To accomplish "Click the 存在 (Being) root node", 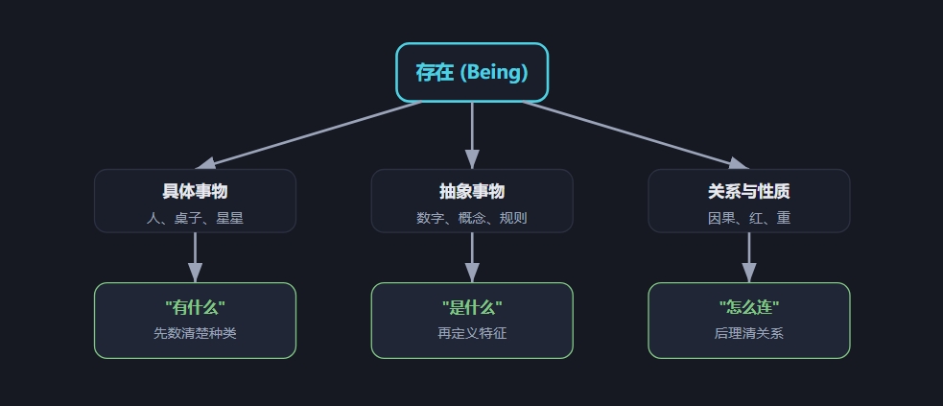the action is (472, 72).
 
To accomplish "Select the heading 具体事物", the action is (195, 191).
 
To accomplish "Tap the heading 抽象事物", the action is (472, 191).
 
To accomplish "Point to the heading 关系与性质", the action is (749, 191).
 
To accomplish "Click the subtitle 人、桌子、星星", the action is (195, 218).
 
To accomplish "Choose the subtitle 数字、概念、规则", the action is (472, 218).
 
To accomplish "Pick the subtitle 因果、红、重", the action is (749, 218).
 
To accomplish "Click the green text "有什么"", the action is (195, 308).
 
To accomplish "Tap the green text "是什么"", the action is (472, 308).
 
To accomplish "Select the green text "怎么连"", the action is (749, 308).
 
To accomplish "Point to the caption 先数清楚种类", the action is (195, 333).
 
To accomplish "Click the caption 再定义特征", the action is (472, 333).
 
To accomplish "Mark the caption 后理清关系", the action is (749, 333).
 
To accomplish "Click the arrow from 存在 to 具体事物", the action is (309, 135).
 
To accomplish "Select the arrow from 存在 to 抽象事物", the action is (472, 135).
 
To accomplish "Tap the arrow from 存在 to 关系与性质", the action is (635, 135).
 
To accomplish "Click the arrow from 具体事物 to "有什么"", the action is (195, 257).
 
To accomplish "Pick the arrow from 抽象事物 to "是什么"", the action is (472, 257).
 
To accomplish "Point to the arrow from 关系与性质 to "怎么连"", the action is (749, 257).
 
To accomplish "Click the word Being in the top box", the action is (494, 72).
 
